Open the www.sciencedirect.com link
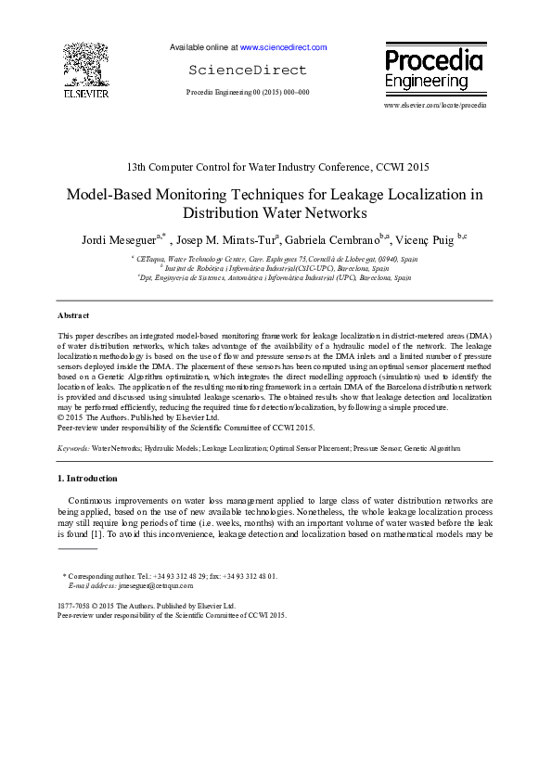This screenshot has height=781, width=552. pyautogui.click(x=283, y=46)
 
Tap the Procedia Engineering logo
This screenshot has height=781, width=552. pyautogui.click(x=433, y=70)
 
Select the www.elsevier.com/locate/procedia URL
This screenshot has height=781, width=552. pyautogui.click(x=434, y=106)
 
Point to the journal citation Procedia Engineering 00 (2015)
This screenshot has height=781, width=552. pyautogui.click(x=248, y=93)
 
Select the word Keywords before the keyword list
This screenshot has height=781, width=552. pyautogui.click(x=72, y=447)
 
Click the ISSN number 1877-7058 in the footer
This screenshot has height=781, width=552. pyautogui.click(x=74, y=606)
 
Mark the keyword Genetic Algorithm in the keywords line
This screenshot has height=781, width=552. pyautogui.click(x=431, y=447)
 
